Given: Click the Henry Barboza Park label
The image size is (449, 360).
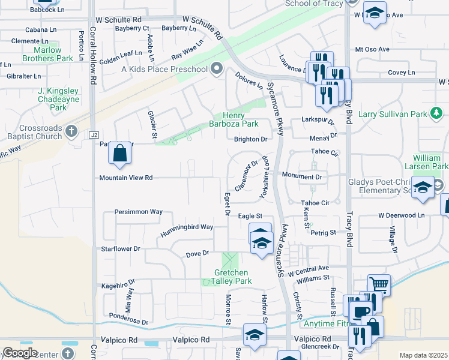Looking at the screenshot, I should (241, 119).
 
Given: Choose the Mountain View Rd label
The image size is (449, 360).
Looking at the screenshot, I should (126, 178).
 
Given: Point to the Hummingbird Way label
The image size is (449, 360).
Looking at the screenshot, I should (187, 227).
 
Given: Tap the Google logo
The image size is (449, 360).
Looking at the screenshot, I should (20, 353).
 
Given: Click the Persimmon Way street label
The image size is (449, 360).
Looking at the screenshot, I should (139, 212).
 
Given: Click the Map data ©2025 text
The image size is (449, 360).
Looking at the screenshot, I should (423, 355).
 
